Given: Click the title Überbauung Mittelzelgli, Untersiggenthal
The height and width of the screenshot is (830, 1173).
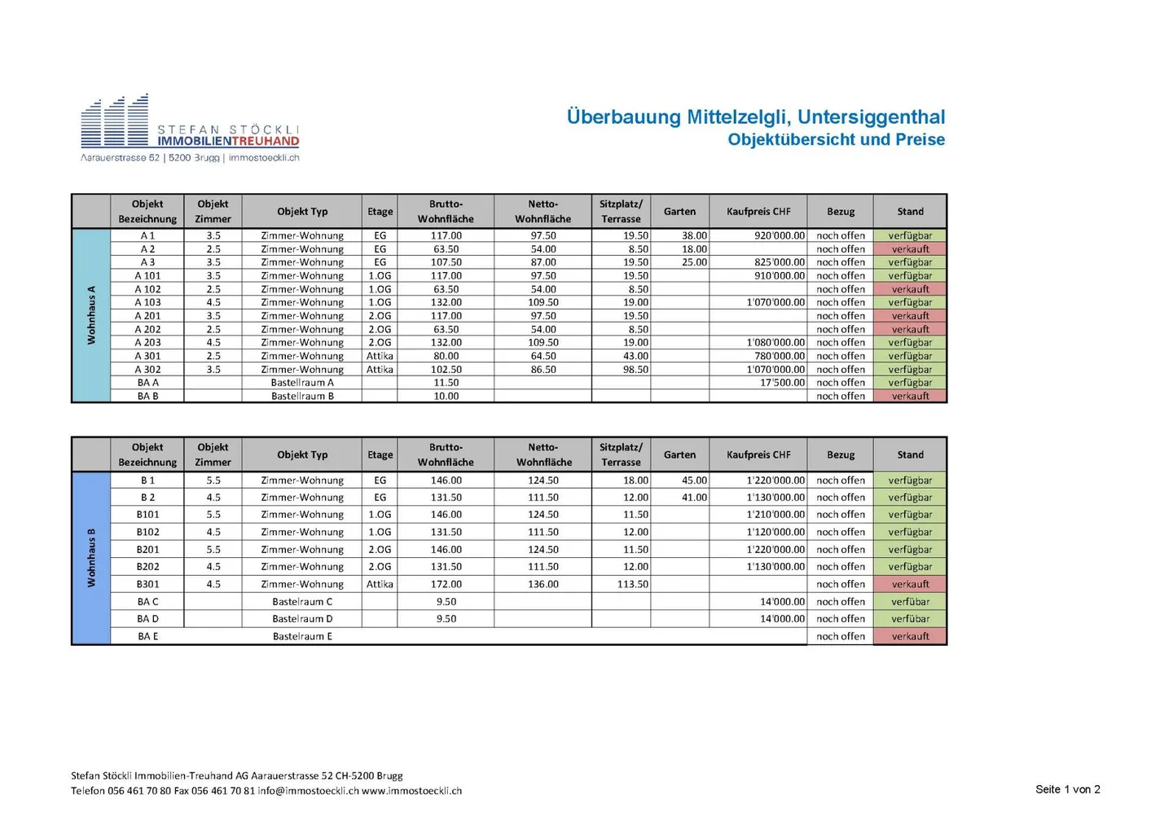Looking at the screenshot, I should (756, 116).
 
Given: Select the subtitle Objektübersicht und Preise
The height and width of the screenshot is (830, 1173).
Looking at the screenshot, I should (836, 139).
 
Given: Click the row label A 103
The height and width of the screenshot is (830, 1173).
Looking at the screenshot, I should (147, 302).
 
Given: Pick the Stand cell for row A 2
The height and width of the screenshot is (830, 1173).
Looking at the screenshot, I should (910, 249).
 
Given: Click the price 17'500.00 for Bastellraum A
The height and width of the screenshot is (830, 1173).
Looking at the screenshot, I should (782, 382).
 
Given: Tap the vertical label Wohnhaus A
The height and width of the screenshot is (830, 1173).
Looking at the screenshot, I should (91, 314).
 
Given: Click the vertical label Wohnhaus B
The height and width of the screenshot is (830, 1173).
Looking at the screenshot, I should (91, 558).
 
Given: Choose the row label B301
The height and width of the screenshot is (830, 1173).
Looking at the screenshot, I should (147, 584).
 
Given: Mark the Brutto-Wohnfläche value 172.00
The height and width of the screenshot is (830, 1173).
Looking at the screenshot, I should (446, 584).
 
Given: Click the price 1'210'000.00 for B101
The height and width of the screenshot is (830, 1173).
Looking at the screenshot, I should (775, 515).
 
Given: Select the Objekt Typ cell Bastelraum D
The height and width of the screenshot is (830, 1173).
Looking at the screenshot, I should (302, 619).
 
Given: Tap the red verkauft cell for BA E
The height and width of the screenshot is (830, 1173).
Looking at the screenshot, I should (910, 636).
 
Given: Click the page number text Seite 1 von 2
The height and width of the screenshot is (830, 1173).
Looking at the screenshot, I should (1067, 789).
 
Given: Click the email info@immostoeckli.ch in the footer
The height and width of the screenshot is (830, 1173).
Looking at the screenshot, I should (308, 791).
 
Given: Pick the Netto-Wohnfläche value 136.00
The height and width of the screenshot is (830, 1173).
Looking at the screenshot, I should (543, 584).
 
